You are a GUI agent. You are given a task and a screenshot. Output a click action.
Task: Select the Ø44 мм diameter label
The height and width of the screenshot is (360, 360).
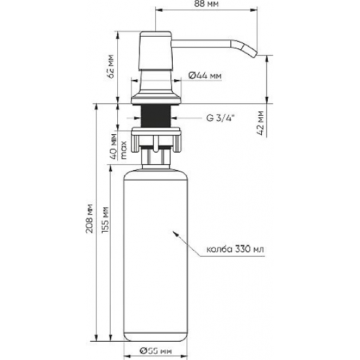[204, 76]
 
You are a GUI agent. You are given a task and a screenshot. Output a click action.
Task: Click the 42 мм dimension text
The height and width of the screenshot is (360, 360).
[262, 122]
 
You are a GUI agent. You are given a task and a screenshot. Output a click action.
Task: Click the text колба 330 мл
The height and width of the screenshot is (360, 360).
[235, 249]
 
